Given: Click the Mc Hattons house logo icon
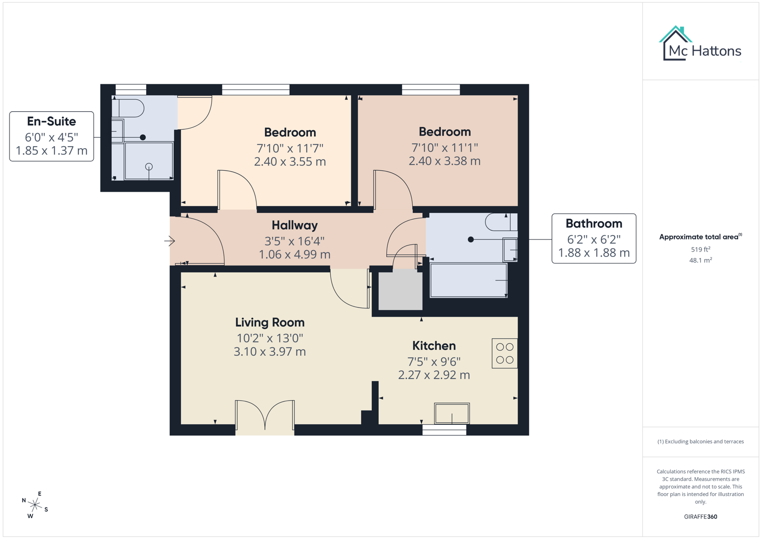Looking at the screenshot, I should [675, 44].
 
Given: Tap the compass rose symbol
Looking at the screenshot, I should [35, 505].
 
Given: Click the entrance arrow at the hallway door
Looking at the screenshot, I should [170, 241].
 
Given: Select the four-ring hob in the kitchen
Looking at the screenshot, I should [505, 353].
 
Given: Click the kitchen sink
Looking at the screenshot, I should [452, 413].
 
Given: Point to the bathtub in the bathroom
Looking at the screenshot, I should [468, 280].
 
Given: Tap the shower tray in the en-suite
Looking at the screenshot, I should [149, 161].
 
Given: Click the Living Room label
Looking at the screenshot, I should [269, 322].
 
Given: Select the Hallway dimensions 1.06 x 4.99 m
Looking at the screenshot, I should [294, 255].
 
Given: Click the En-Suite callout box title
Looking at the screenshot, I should [51, 121].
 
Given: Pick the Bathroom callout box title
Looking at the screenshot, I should [594, 224].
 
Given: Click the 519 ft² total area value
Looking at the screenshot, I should [700, 250].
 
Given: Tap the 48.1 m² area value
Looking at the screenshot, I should [700, 261].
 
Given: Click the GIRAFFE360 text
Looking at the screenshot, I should [700, 517].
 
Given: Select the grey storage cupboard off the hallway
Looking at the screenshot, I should [400, 291].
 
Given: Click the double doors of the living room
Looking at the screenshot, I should [264, 415].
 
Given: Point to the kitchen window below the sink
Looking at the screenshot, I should [444, 430].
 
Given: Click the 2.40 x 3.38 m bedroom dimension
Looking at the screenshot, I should [444, 161].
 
